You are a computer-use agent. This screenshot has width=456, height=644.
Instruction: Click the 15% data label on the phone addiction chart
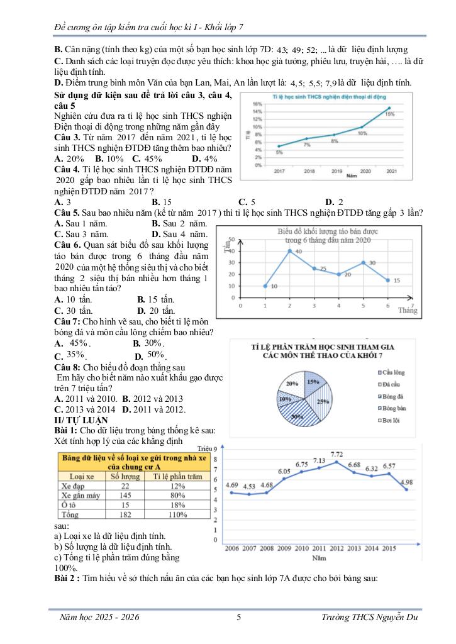click(x=390, y=114)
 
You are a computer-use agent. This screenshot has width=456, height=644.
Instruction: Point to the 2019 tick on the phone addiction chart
click(x=337, y=171)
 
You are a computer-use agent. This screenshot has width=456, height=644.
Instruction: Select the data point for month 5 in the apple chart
click(x=363, y=262)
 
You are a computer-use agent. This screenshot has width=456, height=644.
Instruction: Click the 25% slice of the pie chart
click(x=323, y=401)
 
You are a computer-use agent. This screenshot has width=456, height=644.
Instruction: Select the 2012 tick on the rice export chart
click(x=354, y=548)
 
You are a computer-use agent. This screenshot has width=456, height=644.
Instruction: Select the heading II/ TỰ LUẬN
click(x=81, y=419)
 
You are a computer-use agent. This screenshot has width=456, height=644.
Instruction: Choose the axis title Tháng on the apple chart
click(x=408, y=310)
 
